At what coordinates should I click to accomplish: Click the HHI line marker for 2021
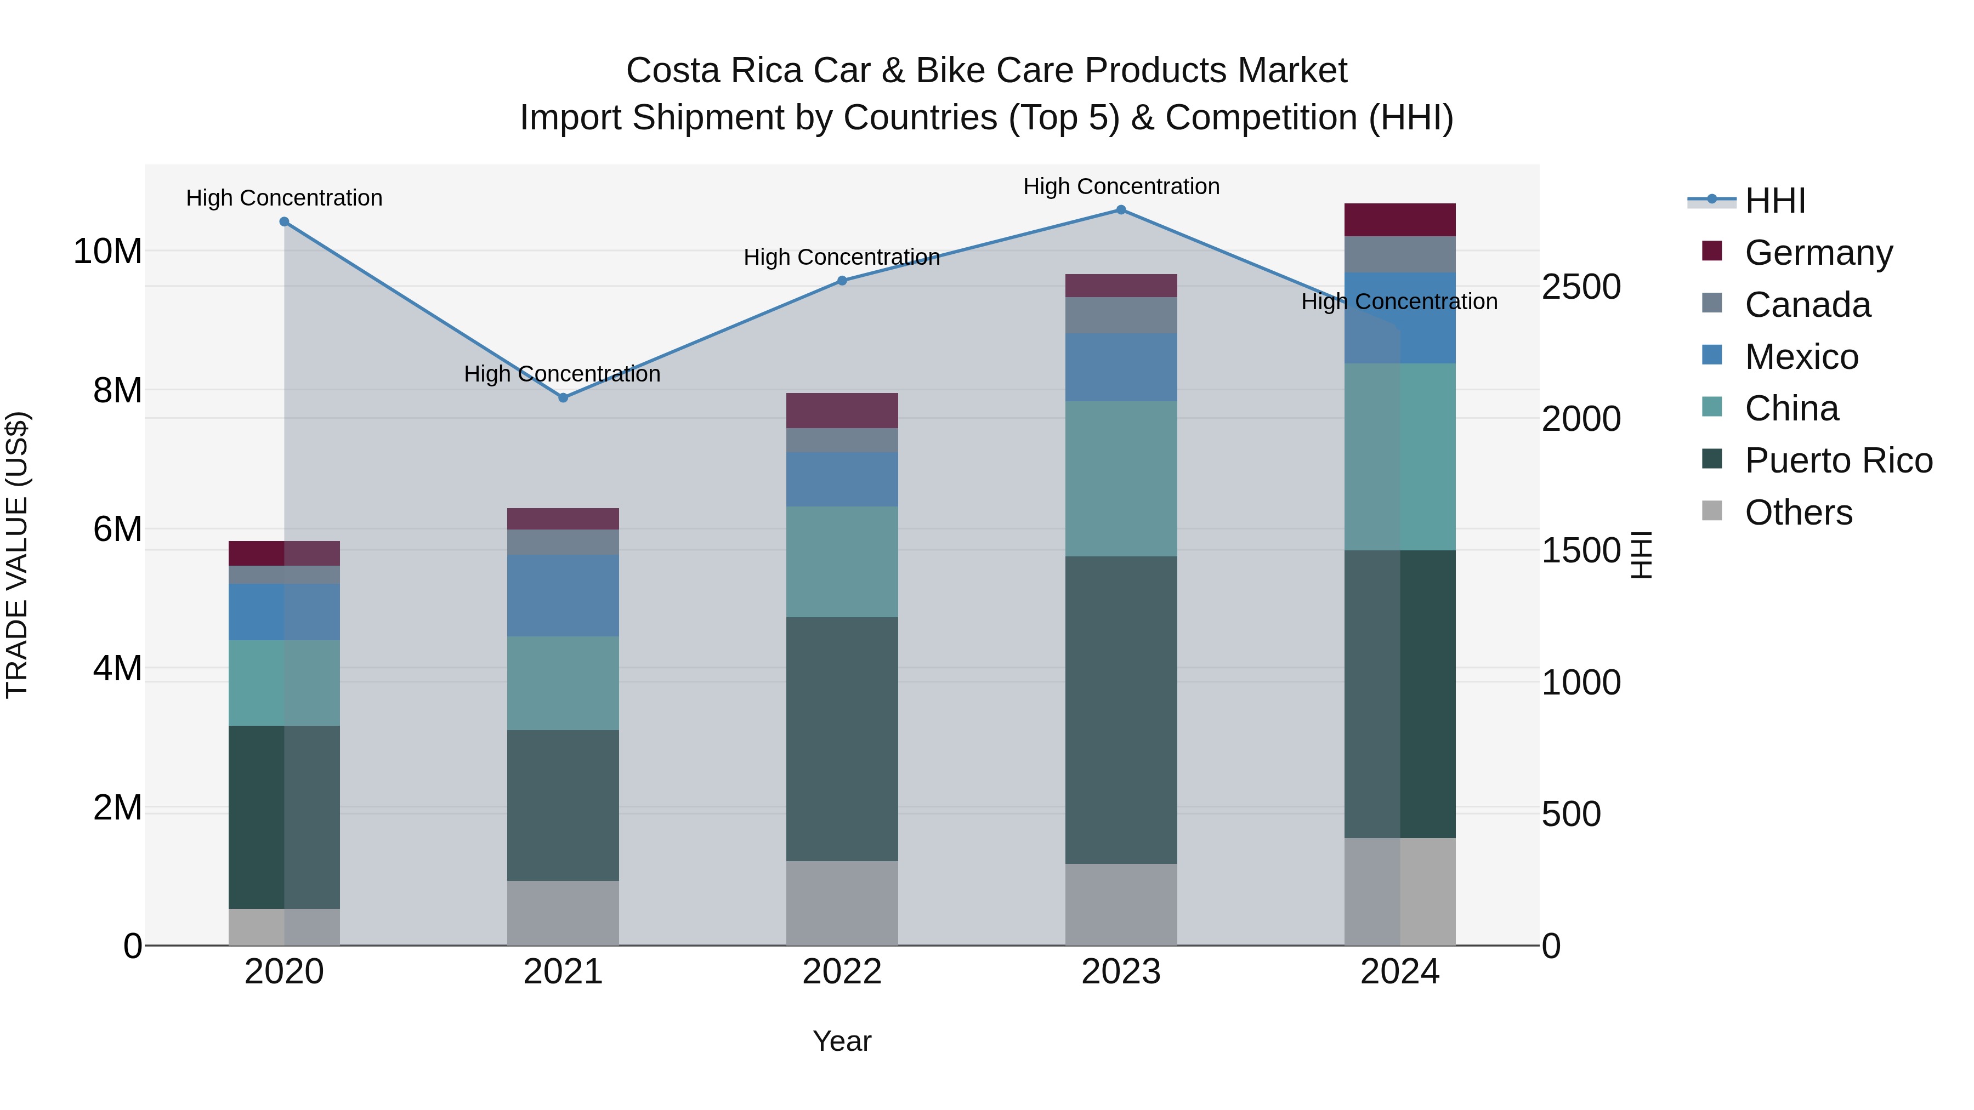[x=563, y=397]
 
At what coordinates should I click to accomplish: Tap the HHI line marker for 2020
[x=284, y=222]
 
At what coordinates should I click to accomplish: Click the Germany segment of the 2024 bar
[x=1400, y=220]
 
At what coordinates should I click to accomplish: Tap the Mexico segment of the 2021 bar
[x=563, y=595]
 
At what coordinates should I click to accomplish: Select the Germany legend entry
[x=1818, y=253]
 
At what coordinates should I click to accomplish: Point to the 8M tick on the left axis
[x=117, y=391]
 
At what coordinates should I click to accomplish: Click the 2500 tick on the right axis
[x=1581, y=287]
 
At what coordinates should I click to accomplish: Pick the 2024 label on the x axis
[x=1400, y=972]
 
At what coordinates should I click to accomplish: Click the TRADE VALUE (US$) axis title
[x=17, y=555]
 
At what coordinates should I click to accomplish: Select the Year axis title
[x=841, y=1041]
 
